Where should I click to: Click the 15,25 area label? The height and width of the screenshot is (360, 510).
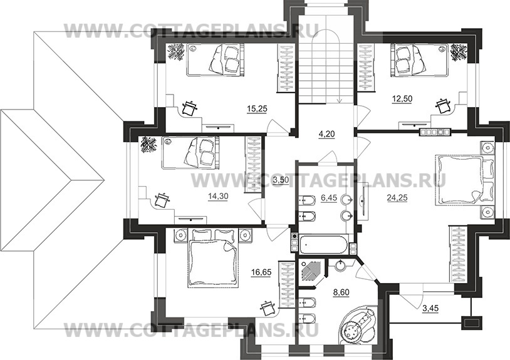point(257,109)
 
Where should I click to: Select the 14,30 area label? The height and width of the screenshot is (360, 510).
point(218,196)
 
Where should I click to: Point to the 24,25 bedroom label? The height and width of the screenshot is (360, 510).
point(397,197)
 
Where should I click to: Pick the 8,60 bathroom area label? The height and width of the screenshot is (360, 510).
point(341,292)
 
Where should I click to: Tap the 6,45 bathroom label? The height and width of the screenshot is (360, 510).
point(329,198)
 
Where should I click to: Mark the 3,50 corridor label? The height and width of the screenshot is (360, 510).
point(281,180)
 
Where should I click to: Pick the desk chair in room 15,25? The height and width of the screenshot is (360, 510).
point(190,108)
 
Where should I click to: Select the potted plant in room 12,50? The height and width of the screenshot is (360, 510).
point(459,52)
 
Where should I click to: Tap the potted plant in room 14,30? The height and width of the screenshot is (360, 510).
point(149,145)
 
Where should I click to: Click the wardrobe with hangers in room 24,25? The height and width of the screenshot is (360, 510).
point(459,254)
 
